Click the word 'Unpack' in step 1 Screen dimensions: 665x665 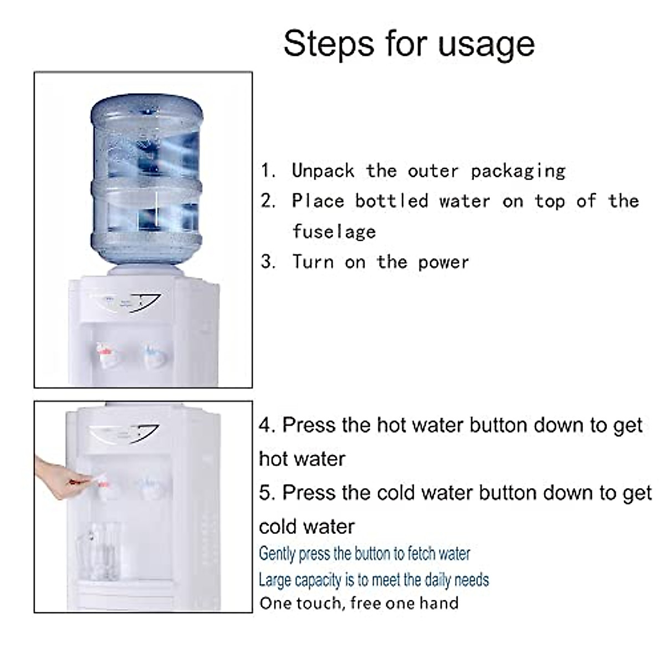pos(323,171)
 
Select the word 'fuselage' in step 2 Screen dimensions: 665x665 pos(334,232)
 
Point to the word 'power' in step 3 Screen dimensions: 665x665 pos(443,262)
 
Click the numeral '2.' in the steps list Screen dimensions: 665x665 pos(269,201)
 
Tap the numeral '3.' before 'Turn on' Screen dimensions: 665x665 pos(269,262)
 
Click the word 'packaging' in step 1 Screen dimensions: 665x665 pos(518,171)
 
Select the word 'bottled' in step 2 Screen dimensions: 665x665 pos(392,201)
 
